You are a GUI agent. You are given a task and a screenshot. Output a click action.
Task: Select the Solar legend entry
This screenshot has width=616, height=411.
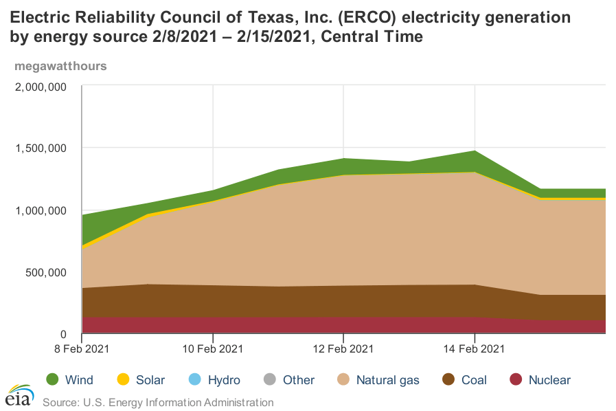point(141,379)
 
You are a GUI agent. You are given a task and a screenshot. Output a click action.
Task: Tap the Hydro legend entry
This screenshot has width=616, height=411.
point(214,379)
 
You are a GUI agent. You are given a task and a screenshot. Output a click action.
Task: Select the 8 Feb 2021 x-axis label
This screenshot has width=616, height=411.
point(82,348)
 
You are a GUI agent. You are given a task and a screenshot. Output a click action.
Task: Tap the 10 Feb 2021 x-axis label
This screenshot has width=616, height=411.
point(213,348)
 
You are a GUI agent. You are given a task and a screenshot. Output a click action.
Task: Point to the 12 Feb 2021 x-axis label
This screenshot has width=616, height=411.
point(343,348)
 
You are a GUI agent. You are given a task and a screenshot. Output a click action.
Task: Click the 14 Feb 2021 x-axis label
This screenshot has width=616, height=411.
point(475,348)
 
